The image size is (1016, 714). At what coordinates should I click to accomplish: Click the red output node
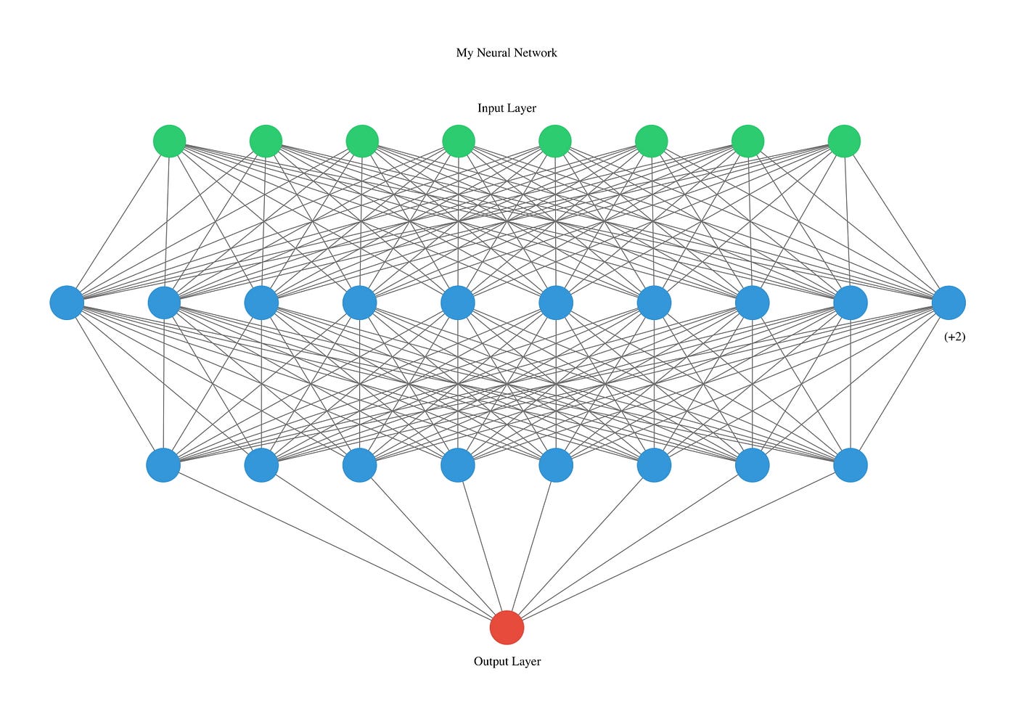pyautogui.click(x=507, y=628)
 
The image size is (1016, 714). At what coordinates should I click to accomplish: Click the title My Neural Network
pyautogui.click(x=507, y=52)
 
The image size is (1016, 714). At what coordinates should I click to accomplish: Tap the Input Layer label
pyautogui.click(x=507, y=108)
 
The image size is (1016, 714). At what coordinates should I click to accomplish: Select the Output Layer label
pyautogui.click(x=507, y=661)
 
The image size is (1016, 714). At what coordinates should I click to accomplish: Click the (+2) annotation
pyautogui.click(x=954, y=337)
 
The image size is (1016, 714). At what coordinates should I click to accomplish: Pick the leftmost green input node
pyautogui.click(x=170, y=141)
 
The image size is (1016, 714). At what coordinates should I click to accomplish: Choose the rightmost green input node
pyautogui.click(x=844, y=141)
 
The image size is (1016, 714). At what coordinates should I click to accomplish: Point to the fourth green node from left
pyautogui.click(x=459, y=141)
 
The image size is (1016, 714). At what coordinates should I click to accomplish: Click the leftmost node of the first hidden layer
pyautogui.click(x=67, y=303)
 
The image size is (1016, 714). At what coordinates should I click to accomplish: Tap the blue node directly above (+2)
pyautogui.click(x=949, y=303)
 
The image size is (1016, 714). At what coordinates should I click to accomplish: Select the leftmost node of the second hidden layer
pyautogui.click(x=163, y=465)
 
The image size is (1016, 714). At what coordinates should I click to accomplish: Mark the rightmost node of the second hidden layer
pyautogui.click(x=851, y=465)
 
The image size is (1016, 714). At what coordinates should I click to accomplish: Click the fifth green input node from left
pyautogui.click(x=555, y=141)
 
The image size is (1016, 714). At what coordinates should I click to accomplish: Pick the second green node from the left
pyautogui.click(x=266, y=141)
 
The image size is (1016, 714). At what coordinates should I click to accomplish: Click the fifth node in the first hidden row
pyautogui.click(x=458, y=303)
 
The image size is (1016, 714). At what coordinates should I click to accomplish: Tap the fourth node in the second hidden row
pyautogui.click(x=458, y=465)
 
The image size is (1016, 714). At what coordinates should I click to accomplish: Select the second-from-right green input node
pyautogui.click(x=747, y=141)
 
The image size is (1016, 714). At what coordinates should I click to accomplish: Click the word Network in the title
pyautogui.click(x=536, y=52)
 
